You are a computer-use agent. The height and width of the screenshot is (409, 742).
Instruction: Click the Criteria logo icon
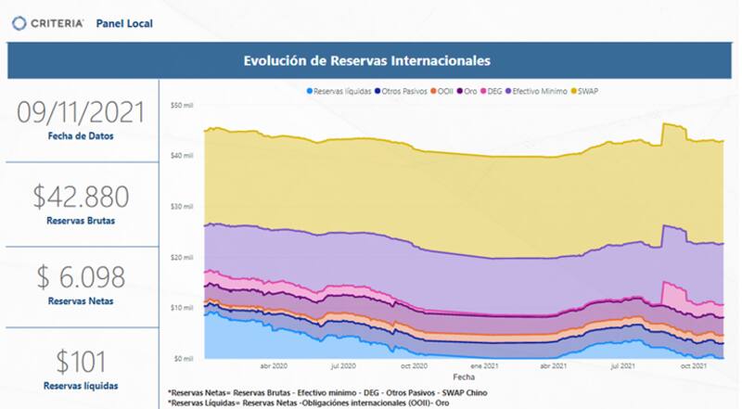19,21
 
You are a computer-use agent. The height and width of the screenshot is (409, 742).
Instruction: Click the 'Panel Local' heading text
124,21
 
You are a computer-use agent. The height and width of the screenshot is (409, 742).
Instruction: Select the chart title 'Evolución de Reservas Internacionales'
366,61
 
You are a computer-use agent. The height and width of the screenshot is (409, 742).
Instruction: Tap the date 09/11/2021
82,113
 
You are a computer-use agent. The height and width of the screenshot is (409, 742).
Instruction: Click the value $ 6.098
82,276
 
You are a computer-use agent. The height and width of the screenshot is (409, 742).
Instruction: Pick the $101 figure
82,361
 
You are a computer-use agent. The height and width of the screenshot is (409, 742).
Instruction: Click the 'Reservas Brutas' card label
82,222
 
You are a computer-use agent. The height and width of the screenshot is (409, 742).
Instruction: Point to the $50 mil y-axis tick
181,105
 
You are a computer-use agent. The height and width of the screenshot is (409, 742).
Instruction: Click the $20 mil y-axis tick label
181,257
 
